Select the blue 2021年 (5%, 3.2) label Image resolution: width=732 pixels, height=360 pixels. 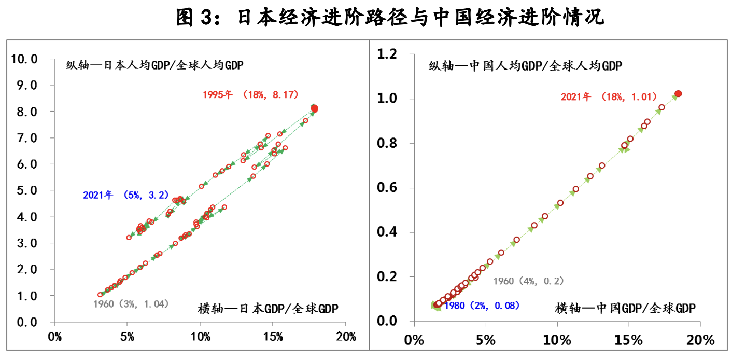126,196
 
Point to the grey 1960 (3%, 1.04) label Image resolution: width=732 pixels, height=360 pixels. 131,304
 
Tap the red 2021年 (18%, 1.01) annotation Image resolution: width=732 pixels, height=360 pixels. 609,97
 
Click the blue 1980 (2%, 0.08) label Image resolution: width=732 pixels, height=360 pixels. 482,306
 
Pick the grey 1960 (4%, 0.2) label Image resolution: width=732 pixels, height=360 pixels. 528,281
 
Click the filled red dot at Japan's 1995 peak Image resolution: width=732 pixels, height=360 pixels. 314,108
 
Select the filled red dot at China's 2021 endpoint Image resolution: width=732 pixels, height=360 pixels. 678,94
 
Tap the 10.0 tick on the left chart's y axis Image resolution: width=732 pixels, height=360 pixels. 24,59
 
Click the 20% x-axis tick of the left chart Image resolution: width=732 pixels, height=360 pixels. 345,337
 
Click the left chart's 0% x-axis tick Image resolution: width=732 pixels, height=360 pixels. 54,337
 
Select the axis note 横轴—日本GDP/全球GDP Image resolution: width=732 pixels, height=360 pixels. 268,309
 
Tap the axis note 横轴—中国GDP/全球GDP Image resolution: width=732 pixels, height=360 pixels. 625,308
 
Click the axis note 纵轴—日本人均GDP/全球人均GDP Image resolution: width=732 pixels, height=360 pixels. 154,65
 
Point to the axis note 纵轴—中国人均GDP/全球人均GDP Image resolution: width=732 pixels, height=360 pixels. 525,66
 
